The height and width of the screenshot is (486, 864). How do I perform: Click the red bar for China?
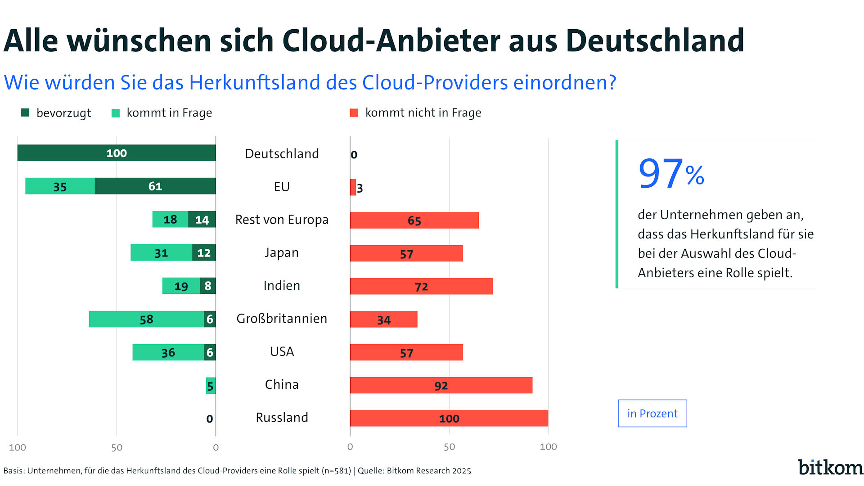[x=441, y=385]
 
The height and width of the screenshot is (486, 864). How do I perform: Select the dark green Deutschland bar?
[x=116, y=153]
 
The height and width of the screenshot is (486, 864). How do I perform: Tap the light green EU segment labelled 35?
[x=60, y=186]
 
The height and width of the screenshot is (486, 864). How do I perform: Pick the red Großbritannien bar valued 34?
[x=383, y=319]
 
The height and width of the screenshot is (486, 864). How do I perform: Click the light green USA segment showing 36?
[x=168, y=352]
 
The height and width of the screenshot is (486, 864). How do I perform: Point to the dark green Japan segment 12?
[x=204, y=253]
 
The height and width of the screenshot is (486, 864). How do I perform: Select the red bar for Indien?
[x=421, y=286]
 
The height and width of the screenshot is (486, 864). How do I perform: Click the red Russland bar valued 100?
[x=449, y=418]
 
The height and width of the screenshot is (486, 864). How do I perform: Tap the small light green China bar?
[x=211, y=386]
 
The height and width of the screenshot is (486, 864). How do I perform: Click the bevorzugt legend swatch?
[x=25, y=112]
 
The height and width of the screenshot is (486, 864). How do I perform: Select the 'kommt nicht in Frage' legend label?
[x=423, y=112]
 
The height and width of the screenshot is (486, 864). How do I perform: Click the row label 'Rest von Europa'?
[x=282, y=220]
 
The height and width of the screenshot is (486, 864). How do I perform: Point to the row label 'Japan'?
[x=282, y=253]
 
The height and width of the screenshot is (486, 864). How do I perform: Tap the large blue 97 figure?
[x=661, y=174]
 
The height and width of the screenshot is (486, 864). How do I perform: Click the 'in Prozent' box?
[x=652, y=414]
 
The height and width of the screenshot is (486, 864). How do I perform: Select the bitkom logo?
[x=830, y=468]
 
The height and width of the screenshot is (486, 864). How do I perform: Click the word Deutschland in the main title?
[x=655, y=40]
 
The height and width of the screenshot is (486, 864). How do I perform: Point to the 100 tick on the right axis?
[x=548, y=447]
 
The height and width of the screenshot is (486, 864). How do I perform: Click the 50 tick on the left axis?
[x=117, y=447]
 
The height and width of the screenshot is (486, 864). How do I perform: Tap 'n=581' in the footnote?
[x=336, y=471]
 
